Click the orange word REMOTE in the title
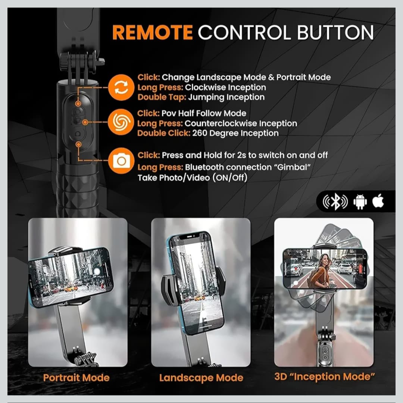tap(152, 32)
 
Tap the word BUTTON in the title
tap(335, 32)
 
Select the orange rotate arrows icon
tap(121, 87)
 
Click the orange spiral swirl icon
tap(121, 122)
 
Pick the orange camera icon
tap(121, 160)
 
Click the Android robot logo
tap(360, 202)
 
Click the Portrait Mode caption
tap(76, 378)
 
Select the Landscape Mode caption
tap(201, 378)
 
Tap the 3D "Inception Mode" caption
tap(325, 377)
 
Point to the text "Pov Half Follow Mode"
tap(204, 113)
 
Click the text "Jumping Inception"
tap(227, 97)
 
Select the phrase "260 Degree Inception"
tap(235, 133)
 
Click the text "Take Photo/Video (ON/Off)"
tap(193, 178)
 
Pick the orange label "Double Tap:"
tap(162, 97)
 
